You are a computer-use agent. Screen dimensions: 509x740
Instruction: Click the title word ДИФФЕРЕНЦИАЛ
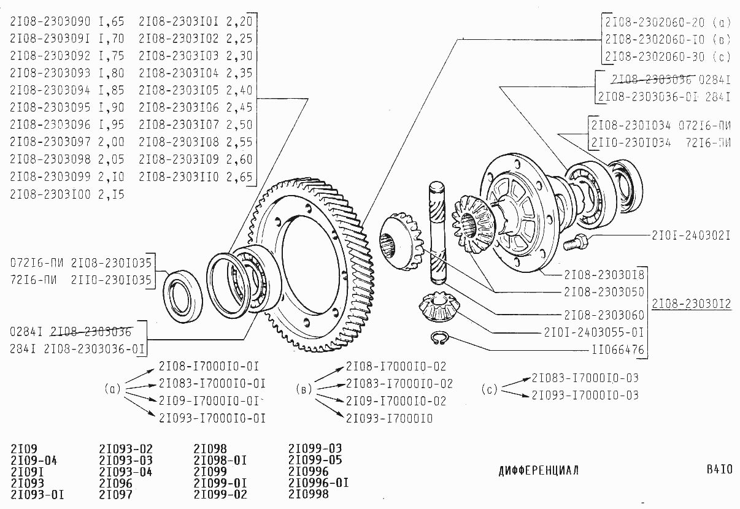tap(538, 471)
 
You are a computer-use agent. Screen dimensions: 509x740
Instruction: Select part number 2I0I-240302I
tap(691, 235)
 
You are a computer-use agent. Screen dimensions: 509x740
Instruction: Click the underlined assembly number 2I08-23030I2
tap(692, 303)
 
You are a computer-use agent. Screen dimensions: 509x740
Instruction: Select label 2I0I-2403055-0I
tap(593, 332)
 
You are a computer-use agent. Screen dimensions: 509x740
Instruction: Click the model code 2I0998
tap(308, 493)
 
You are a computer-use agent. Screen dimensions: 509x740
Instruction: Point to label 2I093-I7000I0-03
tap(585, 395)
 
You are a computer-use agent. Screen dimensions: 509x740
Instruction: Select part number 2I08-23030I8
tap(604, 274)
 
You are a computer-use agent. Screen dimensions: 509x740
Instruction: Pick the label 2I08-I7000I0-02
tap(396, 366)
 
